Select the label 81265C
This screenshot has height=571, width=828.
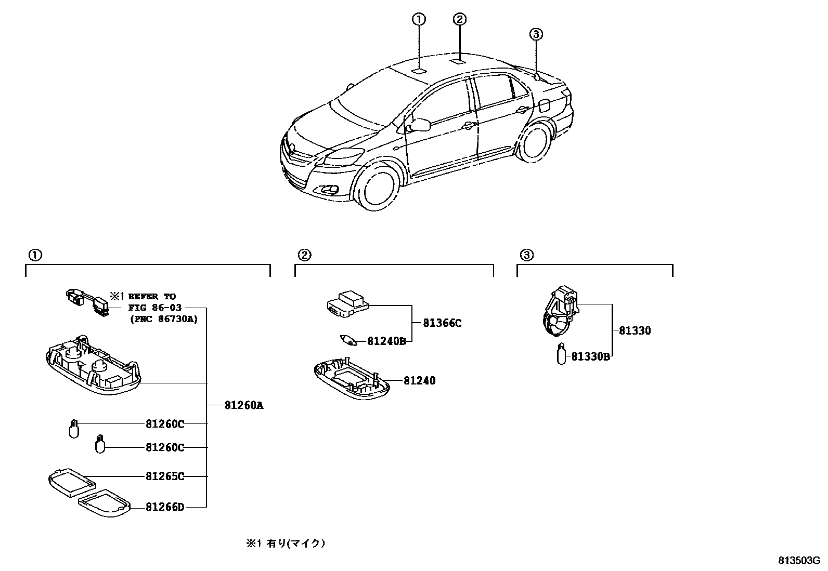coord(165,476)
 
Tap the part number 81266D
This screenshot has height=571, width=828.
coord(165,507)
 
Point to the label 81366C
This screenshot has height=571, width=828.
coord(442,323)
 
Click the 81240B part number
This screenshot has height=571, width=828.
coord(386,341)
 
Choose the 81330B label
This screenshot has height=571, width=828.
coord(590,356)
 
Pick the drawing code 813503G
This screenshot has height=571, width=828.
coord(799,561)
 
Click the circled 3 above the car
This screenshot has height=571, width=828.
coord(536,34)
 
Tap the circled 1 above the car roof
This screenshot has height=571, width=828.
coord(419,19)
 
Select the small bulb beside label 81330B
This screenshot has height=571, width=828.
coord(561,354)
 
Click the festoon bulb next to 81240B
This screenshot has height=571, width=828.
coord(348,340)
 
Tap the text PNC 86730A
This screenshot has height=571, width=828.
coord(164,319)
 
